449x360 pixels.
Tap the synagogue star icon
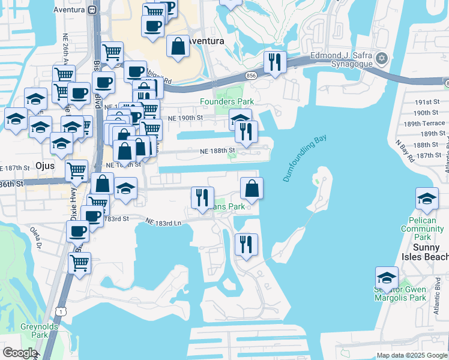[381, 58]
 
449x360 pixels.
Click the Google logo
[20, 353]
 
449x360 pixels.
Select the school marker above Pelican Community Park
[426, 199]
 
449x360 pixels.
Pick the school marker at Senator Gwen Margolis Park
[387, 278]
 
